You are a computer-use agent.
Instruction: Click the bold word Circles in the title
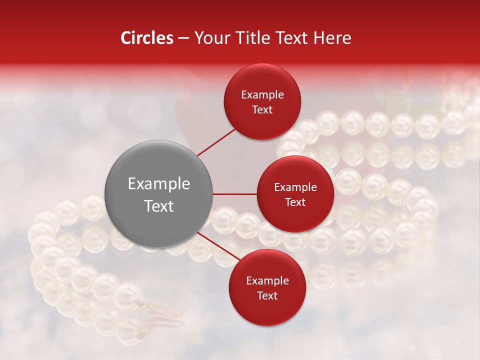coord(147,38)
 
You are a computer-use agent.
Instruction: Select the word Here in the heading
coord(333,38)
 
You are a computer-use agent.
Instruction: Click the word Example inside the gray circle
coord(159,184)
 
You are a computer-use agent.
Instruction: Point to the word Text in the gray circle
coord(159,206)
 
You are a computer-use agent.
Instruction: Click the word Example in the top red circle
coord(262,95)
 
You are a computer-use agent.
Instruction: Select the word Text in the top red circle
coord(262,109)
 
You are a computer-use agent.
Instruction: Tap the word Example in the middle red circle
coord(295,187)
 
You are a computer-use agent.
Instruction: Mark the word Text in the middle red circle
coord(295,202)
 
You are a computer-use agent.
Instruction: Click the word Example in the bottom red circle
coord(267,281)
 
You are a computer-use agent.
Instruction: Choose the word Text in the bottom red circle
coord(267,295)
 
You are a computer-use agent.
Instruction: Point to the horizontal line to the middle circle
coord(234,194)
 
